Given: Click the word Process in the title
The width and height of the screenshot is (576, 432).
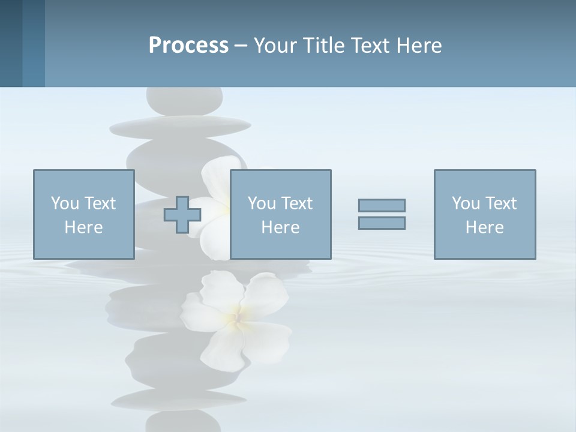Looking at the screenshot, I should click(x=188, y=46).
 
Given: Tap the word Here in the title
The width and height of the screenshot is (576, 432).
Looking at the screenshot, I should click(x=418, y=46).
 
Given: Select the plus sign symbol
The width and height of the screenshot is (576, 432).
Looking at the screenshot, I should click(x=182, y=215).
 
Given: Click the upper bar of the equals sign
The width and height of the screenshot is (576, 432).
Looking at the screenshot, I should click(x=382, y=205).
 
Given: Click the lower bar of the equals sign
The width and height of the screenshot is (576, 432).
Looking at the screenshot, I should click(x=382, y=223).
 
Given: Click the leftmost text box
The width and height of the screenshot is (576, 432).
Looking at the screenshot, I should click(x=83, y=214).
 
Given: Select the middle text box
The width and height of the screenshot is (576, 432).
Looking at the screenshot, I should click(x=280, y=214).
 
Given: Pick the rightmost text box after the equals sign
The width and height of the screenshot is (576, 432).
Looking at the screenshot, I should click(x=484, y=214).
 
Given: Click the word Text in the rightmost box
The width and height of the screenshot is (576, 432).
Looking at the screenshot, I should click(x=501, y=203).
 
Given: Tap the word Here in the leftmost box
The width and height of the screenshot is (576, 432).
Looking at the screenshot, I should click(x=83, y=227).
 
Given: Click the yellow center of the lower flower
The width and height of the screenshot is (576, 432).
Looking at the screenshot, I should click(x=238, y=314).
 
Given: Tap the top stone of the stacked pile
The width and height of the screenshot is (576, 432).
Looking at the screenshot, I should click(x=185, y=100).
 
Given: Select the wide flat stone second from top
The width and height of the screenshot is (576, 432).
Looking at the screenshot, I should click(x=180, y=125).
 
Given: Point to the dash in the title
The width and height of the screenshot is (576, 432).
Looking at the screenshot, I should click(x=241, y=46).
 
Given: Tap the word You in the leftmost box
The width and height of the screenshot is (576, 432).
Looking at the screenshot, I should click(x=65, y=203).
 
